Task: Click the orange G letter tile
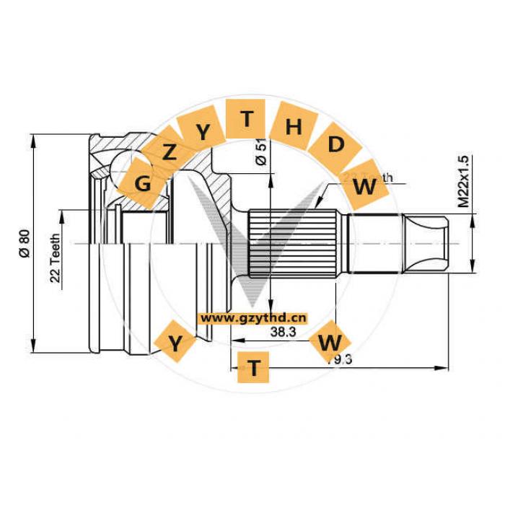tap(144, 183)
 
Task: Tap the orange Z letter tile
tap(170, 152)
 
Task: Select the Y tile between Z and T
tap(205, 131)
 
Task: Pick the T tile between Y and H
tap(247, 118)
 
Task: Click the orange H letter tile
tap(293, 127)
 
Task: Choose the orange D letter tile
tap(335, 144)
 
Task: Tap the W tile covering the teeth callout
tap(365, 187)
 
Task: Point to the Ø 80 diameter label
tap(24, 244)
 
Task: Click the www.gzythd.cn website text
tap(253, 317)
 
